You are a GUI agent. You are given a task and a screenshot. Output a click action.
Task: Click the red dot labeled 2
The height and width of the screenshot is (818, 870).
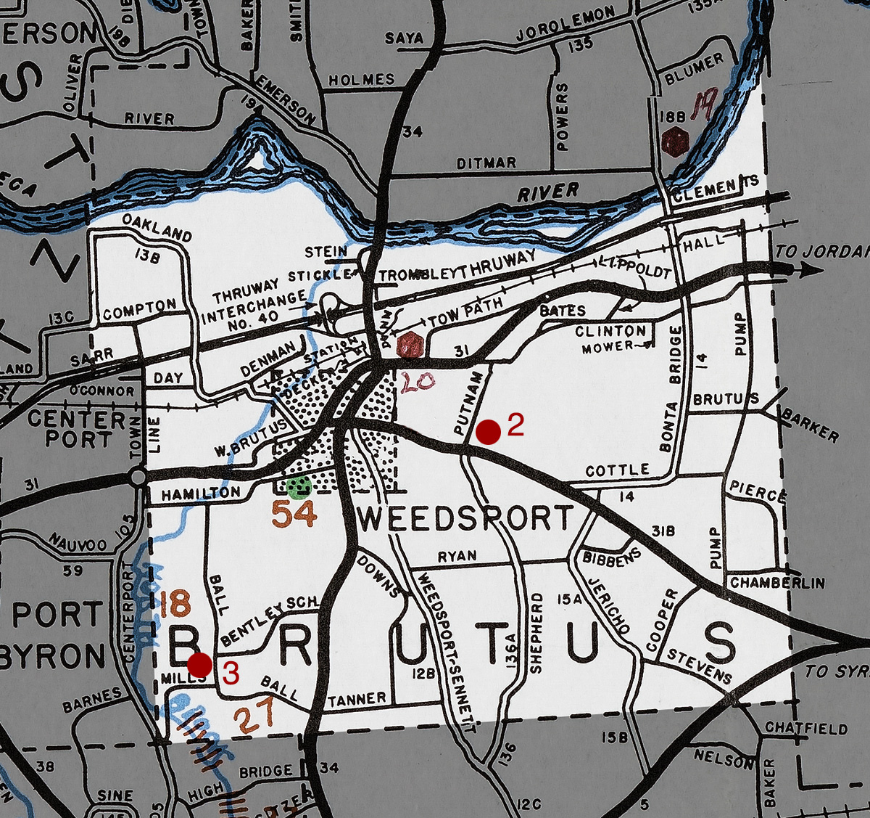tap(489, 432)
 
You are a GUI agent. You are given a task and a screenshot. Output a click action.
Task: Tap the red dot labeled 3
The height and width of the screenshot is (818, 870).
tap(199, 665)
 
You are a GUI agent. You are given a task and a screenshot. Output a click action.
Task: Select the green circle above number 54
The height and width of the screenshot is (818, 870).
tap(298, 487)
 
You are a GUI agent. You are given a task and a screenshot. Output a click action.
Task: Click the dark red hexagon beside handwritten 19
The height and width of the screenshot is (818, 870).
tap(675, 142)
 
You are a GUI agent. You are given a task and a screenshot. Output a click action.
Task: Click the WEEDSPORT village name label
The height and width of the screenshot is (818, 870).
tap(465, 520)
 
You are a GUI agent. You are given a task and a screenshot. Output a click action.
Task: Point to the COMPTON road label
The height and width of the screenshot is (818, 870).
tap(139, 311)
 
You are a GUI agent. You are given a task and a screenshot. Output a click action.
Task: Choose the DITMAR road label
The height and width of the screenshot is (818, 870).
tap(486, 163)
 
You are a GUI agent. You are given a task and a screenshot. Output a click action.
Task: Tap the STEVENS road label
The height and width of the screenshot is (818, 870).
tap(700, 666)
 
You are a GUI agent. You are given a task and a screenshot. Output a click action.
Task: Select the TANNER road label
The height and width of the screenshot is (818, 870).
tap(357, 700)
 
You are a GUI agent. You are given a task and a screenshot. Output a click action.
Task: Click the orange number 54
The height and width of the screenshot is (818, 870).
tap(294, 515)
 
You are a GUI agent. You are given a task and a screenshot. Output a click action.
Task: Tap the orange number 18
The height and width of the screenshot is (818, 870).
tap(175, 604)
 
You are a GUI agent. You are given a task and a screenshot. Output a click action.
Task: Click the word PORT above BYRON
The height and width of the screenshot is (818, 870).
tap(59, 615)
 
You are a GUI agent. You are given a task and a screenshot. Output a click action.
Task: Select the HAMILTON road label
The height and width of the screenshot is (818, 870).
tap(201, 494)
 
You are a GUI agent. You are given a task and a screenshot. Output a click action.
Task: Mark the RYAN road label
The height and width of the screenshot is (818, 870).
tap(457, 557)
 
